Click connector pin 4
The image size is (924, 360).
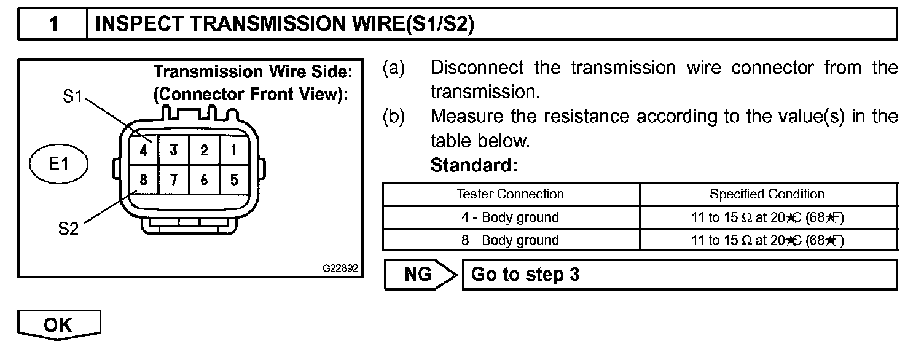pos(143,150)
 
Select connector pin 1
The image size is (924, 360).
pos(234,150)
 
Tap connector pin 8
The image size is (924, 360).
pos(143,181)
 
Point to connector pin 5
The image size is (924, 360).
pos(234,181)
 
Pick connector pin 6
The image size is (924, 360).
pos(204,181)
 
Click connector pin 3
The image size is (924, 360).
pos(174,150)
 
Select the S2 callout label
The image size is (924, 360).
pos(69,230)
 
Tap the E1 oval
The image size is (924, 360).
pos(59,165)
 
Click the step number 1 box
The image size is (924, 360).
pos(54,25)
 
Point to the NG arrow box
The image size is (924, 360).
pos(421,274)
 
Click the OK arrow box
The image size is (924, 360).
pos(58,325)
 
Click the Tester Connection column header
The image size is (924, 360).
pos(511,194)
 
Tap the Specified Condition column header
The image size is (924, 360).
pos(767,194)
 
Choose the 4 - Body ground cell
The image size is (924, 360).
pos(511,217)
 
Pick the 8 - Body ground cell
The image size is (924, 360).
pos(511,240)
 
